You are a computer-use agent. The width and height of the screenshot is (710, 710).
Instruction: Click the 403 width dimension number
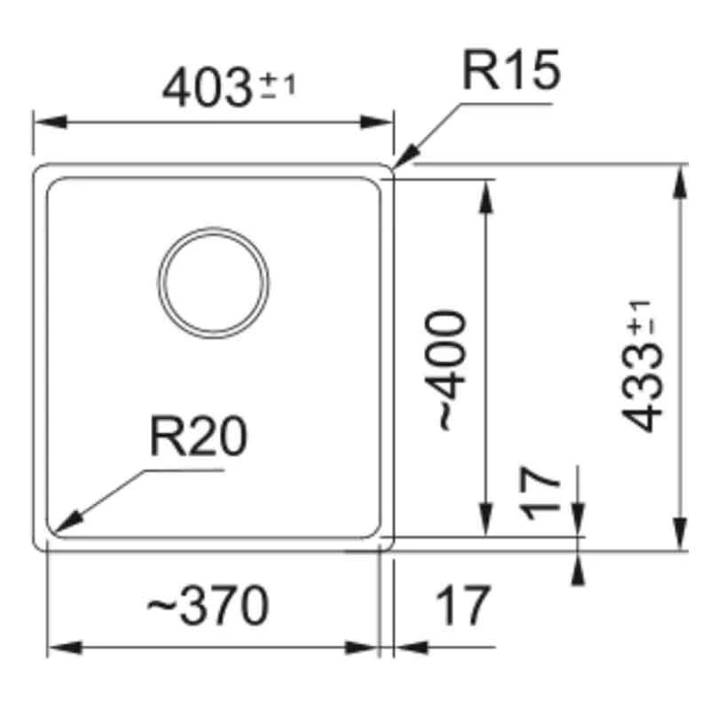click(209, 88)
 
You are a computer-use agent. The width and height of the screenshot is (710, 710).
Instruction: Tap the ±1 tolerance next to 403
click(279, 86)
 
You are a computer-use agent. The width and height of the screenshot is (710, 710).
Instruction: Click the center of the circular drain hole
click(213, 283)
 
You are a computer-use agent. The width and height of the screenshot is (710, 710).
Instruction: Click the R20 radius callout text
click(197, 437)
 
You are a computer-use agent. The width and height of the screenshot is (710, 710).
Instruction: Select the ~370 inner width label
click(206, 607)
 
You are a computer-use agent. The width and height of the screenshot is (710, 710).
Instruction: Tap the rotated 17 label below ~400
click(542, 495)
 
